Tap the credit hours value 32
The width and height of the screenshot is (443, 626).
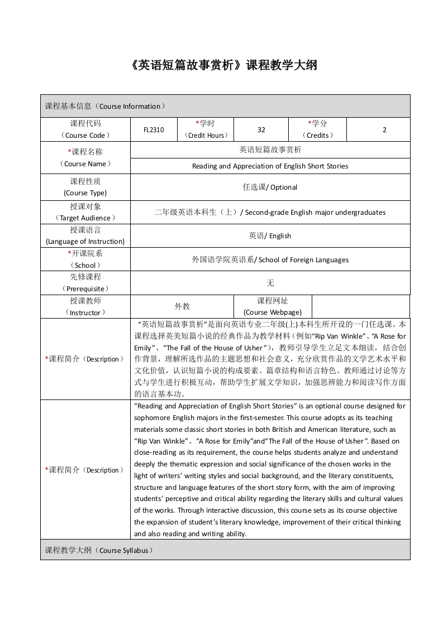(261, 129)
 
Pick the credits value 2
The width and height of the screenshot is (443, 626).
(384, 129)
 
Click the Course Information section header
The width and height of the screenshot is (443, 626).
(105, 106)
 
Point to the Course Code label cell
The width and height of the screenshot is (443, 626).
(85, 129)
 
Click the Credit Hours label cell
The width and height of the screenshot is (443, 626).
(205, 129)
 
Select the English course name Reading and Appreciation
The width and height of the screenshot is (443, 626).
(270, 166)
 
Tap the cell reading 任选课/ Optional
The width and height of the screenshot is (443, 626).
(270, 187)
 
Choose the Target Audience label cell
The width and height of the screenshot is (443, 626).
(85, 212)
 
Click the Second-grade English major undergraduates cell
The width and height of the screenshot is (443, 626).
(270, 213)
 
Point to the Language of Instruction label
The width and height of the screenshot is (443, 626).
(85, 235)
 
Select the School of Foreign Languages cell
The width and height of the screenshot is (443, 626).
(270, 259)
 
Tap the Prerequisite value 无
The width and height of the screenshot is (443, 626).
(270, 283)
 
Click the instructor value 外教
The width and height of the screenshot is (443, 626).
(182, 306)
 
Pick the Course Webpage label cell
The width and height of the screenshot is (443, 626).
(273, 306)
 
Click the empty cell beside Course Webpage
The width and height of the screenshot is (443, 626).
(360, 306)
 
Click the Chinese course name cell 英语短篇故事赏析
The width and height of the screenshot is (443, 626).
(270, 150)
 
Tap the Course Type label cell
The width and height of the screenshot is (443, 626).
(85, 187)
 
